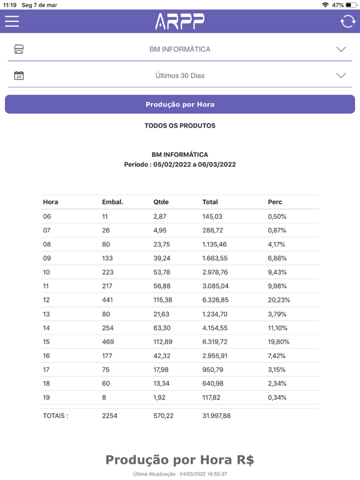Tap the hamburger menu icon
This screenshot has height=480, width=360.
tap(12, 21)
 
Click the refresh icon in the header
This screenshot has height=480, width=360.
tap(347, 21)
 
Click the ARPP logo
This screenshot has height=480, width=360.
tap(180, 21)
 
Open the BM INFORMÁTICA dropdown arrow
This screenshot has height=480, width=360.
tap(341, 49)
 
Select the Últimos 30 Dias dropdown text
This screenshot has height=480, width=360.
tap(180, 76)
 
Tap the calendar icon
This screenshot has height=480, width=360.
tap(19, 75)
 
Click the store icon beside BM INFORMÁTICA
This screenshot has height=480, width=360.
tap(19, 49)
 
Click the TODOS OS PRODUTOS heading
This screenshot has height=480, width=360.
tap(180, 126)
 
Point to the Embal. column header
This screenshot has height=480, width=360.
tap(112, 202)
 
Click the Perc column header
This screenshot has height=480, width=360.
tap(275, 202)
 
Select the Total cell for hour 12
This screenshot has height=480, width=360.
tap(215, 300)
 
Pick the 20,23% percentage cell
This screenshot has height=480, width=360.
tap(279, 300)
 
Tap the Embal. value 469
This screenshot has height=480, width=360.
tap(107, 342)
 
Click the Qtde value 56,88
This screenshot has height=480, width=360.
tap(162, 286)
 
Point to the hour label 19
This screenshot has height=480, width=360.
tap(46, 397)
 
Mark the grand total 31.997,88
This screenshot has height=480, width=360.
tap(216, 416)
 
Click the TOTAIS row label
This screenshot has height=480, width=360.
tap(56, 416)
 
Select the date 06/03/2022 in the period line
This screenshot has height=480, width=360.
tap(217, 164)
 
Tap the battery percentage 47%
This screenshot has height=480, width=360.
tap(337, 5)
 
